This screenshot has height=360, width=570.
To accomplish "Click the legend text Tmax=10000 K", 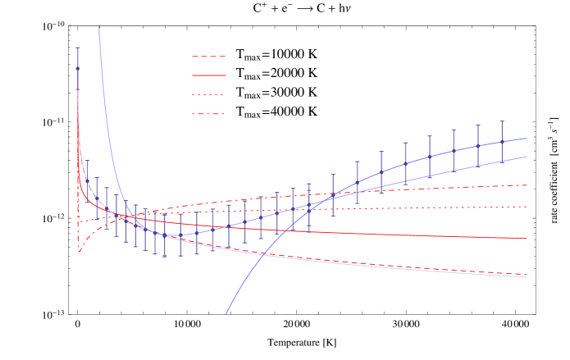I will point(276,56).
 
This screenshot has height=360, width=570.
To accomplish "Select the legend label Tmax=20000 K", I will point(276,74).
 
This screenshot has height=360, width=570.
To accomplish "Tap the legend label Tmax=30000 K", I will point(276,92).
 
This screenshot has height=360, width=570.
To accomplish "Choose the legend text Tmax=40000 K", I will point(276,112).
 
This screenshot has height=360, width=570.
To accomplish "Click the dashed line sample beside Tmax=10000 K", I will point(207,56).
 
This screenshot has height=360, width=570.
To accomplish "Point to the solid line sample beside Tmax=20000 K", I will point(207,74).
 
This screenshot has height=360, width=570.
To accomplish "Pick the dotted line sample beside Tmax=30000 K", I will point(207,93).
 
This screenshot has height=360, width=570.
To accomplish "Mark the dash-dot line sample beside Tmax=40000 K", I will point(207,112).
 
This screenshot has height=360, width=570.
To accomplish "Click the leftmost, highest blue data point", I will point(78,68).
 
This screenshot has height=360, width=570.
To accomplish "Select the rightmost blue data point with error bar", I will point(502,141).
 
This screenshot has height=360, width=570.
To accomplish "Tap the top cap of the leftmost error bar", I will point(78,48).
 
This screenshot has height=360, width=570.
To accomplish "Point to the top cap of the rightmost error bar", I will point(502,121).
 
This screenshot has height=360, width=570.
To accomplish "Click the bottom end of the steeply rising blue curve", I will point(226,313).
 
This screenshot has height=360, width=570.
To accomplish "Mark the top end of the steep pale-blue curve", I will point(99,27).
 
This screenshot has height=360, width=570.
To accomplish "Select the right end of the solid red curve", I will point(527,239).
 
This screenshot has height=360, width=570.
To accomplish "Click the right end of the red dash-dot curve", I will point(527,185).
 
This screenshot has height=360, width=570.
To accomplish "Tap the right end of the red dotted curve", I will point(527,207).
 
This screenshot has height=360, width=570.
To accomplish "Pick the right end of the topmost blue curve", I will point(527,138).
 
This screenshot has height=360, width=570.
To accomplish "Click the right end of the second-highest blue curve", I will point(527,156).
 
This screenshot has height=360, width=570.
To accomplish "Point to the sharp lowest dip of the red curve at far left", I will point(80,252).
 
